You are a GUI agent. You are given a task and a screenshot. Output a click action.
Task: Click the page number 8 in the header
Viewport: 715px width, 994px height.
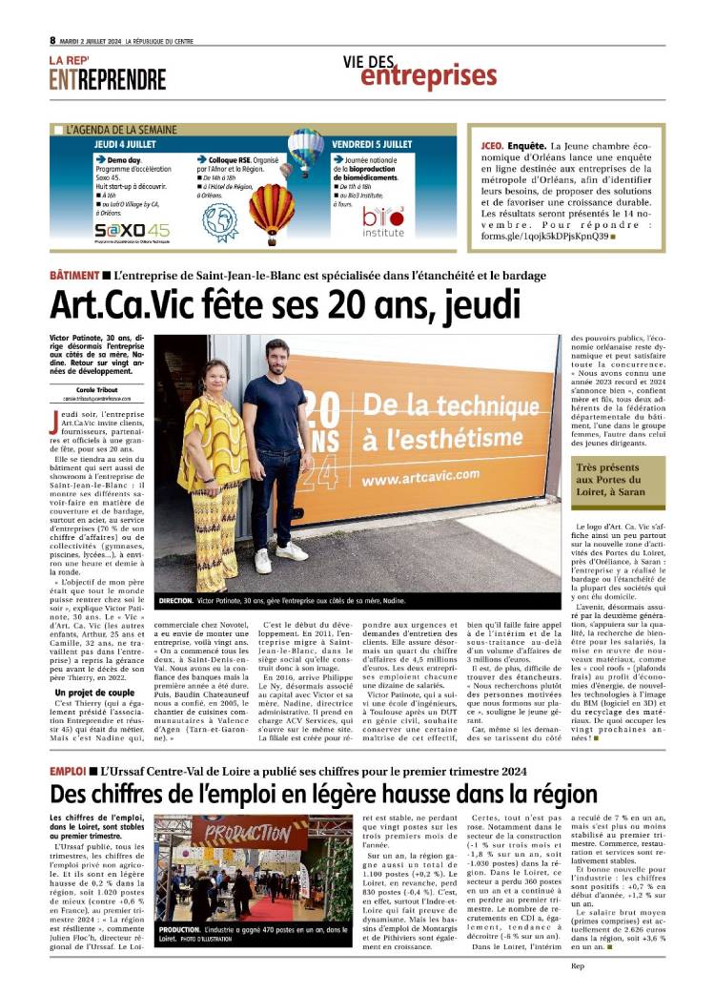pos(52,40)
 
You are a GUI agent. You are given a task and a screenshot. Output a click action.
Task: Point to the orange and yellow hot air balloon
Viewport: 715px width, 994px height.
pos(272,208)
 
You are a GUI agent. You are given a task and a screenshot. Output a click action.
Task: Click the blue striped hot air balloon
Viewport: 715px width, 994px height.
pos(306,149)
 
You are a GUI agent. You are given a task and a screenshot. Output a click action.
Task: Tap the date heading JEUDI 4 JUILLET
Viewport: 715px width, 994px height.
pos(133,143)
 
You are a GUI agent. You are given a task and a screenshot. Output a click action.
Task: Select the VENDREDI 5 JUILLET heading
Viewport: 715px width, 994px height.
pos(372,143)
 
